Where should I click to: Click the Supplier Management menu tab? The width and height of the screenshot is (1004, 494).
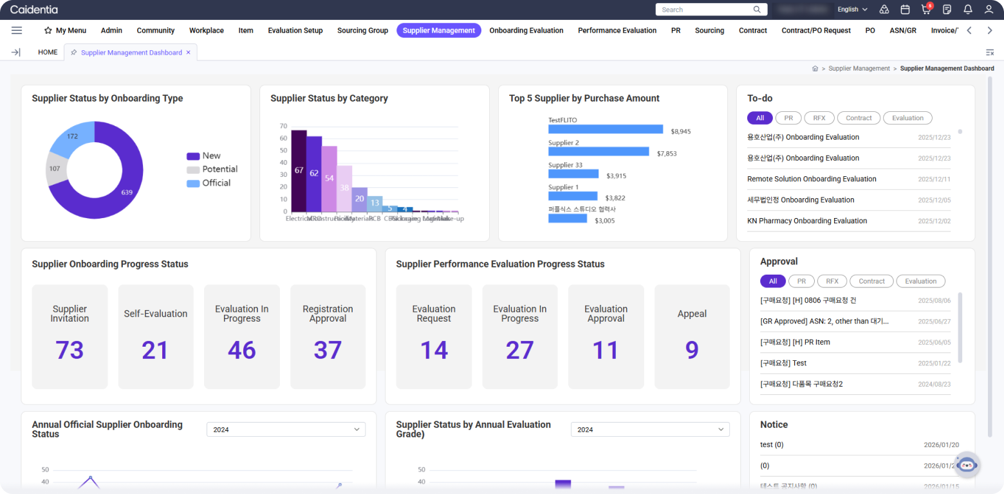click(438, 30)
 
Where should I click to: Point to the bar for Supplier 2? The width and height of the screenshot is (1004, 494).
click(599, 151)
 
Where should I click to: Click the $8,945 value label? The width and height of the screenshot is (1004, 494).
click(680, 131)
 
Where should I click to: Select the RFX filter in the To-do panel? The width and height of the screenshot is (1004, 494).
click(819, 118)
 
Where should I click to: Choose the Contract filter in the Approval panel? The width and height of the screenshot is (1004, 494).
click(871, 281)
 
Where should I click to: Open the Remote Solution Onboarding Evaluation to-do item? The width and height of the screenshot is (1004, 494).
click(812, 179)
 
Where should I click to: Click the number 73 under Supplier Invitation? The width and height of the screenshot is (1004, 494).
click(70, 350)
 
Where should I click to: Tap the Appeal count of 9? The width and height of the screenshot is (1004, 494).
click(692, 350)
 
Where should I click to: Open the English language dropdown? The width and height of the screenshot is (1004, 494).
click(852, 10)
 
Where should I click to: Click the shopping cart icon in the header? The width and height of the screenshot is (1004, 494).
click(925, 10)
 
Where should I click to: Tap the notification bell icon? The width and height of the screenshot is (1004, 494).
click(967, 10)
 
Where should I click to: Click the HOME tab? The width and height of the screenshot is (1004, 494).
click(48, 52)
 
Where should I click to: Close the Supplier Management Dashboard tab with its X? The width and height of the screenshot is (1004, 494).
click(188, 52)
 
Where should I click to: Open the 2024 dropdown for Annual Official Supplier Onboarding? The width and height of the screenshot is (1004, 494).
click(286, 429)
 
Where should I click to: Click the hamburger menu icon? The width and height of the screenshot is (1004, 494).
click(17, 30)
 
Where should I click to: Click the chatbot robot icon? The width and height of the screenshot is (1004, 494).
click(967, 464)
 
